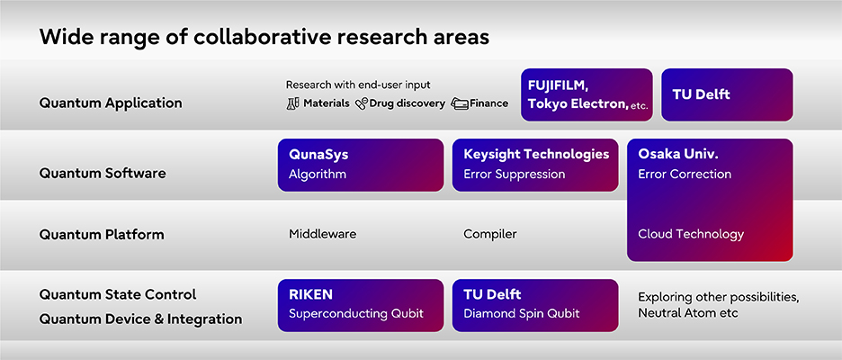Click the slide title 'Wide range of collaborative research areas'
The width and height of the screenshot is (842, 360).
[x=264, y=37]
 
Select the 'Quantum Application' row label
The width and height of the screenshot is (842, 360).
[x=111, y=103]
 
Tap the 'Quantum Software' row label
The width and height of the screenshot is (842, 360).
[x=103, y=173]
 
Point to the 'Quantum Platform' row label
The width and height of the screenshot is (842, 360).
[x=102, y=234]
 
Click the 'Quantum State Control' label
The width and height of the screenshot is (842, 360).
[x=118, y=294]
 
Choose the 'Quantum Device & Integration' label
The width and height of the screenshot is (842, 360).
[x=140, y=319]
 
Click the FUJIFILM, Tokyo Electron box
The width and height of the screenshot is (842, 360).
[x=587, y=94]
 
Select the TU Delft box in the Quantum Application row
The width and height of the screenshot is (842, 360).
[x=727, y=94]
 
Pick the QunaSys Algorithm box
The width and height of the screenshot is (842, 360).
[x=360, y=164]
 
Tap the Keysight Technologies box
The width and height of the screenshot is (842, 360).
[x=535, y=164]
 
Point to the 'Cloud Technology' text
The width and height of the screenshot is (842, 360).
[x=691, y=234]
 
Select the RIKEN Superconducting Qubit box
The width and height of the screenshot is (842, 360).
[x=360, y=305]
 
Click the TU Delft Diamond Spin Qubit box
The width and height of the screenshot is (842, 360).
[x=535, y=305]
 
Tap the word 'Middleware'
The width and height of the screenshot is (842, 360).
[x=322, y=234]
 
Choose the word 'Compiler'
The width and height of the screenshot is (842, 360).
[x=489, y=234]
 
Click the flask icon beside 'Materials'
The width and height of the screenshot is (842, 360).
[x=292, y=103]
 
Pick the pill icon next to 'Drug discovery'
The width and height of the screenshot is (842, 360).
[x=362, y=103]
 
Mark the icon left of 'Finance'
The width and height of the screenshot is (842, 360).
[x=460, y=103]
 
